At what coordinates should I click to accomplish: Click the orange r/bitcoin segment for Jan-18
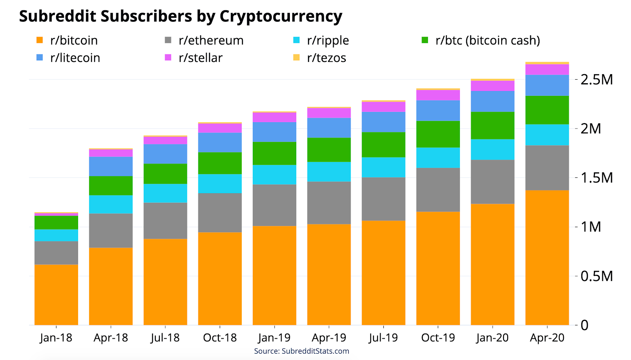pyautogui.click(x=56, y=295)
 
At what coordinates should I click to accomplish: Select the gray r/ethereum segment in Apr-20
pyautogui.click(x=547, y=168)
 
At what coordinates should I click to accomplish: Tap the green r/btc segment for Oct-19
pyautogui.click(x=438, y=134)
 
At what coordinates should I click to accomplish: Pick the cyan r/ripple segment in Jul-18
pyautogui.click(x=165, y=193)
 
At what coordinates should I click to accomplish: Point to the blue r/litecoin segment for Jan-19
pyautogui.click(x=274, y=132)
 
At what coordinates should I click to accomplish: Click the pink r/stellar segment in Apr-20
pyautogui.click(x=547, y=69)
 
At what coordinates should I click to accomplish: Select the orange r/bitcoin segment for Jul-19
pyautogui.click(x=383, y=272)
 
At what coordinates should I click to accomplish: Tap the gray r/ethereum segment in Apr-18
pyautogui.click(x=111, y=231)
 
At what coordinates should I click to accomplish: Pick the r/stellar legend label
pyautogui.click(x=200, y=58)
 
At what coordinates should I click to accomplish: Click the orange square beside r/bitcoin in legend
pyautogui.click(x=39, y=40)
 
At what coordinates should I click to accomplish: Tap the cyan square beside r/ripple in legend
pyautogui.click(x=297, y=40)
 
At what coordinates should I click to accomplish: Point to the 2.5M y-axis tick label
pyautogui.click(x=597, y=80)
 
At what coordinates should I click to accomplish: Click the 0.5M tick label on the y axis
pyautogui.click(x=597, y=276)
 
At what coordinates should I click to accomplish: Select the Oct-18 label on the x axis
pyautogui.click(x=220, y=338)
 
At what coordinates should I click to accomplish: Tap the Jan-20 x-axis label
pyautogui.click(x=492, y=338)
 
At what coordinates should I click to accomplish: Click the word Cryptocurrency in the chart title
pyautogui.click(x=281, y=17)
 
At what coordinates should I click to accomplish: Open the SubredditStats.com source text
pyautogui.click(x=315, y=351)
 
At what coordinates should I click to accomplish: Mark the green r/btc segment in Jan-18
pyautogui.click(x=56, y=222)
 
